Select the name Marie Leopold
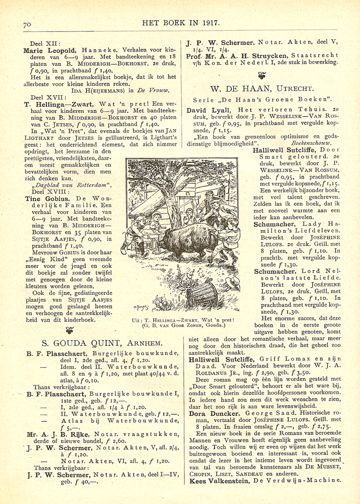pyautogui.click(x=49, y=51)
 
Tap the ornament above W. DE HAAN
pyautogui.click(x=263, y=75)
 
